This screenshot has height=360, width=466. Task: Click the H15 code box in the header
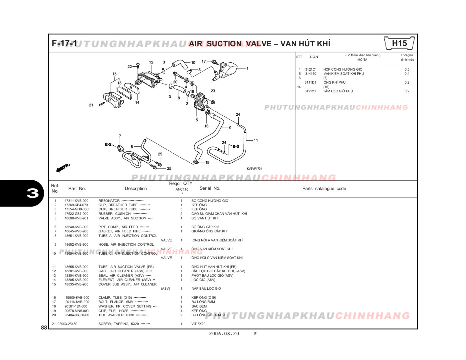(399, 43)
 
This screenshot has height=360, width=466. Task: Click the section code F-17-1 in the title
(64, 43)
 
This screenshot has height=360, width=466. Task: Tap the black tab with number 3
(32, 193)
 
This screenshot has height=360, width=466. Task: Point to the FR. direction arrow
(63, 167)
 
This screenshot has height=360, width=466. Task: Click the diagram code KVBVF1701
(254, 169)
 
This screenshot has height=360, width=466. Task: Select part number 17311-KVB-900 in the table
(76, 201)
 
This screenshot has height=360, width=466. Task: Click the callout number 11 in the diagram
(256, 140)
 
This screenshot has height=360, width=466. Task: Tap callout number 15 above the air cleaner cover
(114, 74)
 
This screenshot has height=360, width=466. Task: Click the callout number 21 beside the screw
(91, 105)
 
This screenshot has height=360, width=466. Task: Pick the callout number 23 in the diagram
(213, 91)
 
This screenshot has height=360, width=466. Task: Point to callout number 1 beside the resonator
(247, 69)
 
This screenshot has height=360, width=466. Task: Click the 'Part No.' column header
(77, 189)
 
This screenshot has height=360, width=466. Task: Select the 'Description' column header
(136, 189)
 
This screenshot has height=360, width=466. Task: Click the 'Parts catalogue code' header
(324, 189)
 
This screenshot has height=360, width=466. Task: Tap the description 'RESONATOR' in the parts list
(109, 201)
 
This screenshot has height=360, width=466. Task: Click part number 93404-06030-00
(77, 315)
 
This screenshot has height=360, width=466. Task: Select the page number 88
(44, 328)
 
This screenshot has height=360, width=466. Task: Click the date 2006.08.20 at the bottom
(224, 334)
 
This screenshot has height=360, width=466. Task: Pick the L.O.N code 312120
(310, 91)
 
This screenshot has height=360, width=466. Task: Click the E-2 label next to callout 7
(108, 144)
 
